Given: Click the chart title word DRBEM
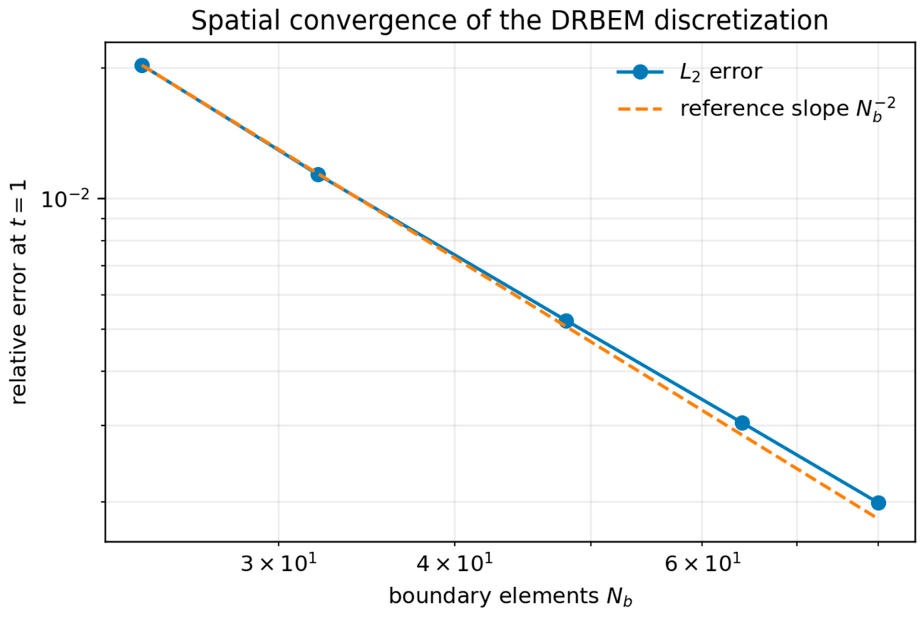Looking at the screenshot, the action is [598, 20].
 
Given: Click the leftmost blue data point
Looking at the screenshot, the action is [142, 65].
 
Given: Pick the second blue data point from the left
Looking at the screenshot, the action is [317, 175].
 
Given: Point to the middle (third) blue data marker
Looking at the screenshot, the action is [566, 321].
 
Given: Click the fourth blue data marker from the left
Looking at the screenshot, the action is [742, 423].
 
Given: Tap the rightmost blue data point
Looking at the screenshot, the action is [878, 503].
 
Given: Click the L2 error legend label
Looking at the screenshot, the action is [721, 72].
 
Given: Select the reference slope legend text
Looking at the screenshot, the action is [788, 109].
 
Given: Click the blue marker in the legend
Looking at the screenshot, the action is [640, 72].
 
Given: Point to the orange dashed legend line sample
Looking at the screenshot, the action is [640, 109].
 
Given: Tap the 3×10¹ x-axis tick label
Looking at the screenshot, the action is [279, 563].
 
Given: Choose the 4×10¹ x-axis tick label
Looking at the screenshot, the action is [454, 563].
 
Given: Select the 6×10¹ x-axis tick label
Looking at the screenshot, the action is [702, 563].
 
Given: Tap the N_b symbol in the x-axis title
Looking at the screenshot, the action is [619, 598].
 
